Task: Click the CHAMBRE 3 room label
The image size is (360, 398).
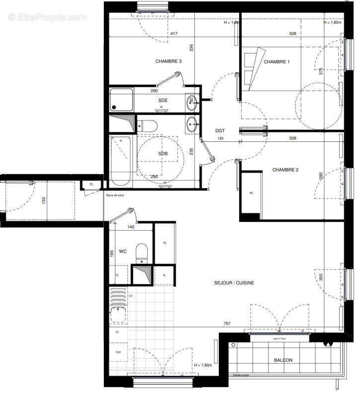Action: (x=168, y=62)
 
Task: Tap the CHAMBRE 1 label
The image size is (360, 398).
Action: (x=276, y=62)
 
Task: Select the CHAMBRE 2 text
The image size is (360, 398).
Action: (x=285, y=170)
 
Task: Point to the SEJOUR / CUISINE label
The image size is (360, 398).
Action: (x=235, y=283)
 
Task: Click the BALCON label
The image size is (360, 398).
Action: (x=283, y=361)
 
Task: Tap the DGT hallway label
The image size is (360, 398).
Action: (x=220, y=131)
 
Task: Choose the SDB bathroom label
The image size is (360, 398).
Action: (x=163, y=154)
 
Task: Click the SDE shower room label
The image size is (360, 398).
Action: (x=163, y=100)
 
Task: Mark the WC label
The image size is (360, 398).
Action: (x=123, y=252)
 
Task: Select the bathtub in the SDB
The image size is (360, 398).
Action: (x=120, y=159)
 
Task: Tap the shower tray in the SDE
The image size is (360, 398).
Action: (x=122, y=99)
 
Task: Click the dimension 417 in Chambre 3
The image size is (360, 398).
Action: (x=174, y=34)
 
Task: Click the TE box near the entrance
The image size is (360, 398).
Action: (x=91, y=185)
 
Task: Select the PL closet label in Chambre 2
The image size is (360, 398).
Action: (x=251, y=193)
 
